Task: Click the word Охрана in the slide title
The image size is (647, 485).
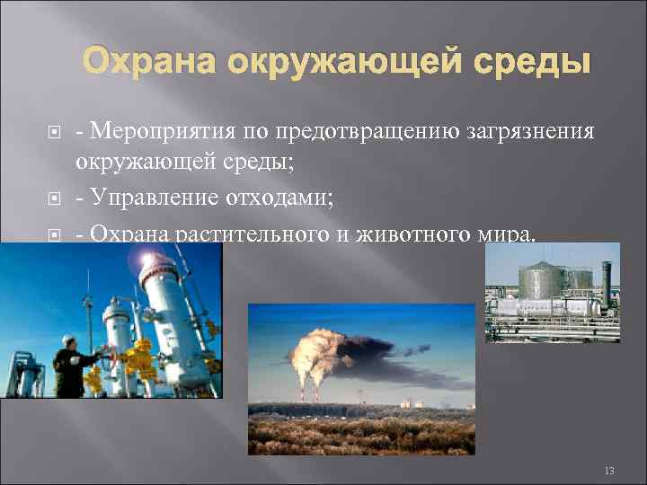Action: pyautogui.click(x=150, y=64)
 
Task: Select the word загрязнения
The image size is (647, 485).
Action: pyautogui.click(x=531, y=132)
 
